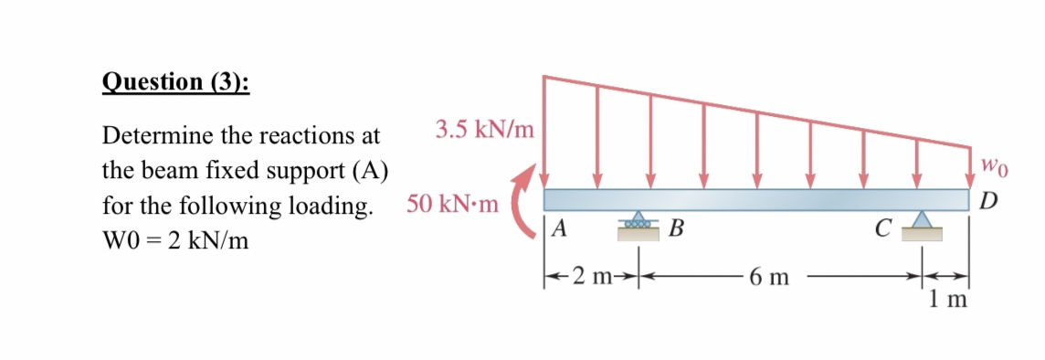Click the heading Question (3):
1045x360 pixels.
click(x=176, y=81)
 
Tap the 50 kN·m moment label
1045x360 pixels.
click(x=452, y=204)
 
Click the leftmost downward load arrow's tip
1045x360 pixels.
click(x=544, y=185)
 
